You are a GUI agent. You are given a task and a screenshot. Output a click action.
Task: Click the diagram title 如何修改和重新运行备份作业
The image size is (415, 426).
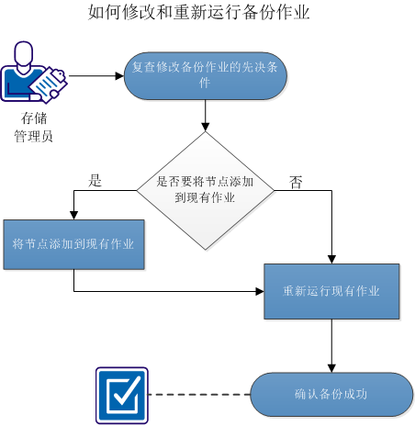click(198, 13)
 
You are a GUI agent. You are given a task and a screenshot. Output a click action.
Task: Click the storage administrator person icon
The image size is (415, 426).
click(33, 73)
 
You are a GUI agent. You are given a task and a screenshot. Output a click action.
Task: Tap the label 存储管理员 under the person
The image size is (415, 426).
click(38, 128)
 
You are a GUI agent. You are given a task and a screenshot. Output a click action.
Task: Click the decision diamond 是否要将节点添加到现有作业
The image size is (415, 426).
click(205, 190)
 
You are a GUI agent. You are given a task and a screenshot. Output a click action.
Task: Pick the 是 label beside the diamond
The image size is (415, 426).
click(95, 181)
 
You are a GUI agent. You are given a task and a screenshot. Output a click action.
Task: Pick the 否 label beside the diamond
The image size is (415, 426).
click(296, 182)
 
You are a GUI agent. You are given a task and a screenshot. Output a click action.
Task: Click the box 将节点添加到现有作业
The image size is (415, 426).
click(73, 244)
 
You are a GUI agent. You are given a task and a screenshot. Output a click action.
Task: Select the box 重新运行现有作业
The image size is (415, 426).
click(331, 291)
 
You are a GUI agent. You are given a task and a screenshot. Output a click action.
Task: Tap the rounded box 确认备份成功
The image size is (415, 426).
click(331, 395)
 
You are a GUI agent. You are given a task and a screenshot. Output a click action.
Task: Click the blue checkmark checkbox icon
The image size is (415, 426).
click(122, 395)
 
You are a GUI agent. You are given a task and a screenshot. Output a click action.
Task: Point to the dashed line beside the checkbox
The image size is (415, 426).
click(198, 395)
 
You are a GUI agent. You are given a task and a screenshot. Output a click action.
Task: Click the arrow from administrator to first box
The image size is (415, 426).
click(95, 76)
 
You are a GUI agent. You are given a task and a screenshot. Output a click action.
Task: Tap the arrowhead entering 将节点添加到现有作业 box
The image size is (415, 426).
click(73, 214)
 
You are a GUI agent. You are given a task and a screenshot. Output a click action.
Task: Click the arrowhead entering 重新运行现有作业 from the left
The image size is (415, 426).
click(259, 291)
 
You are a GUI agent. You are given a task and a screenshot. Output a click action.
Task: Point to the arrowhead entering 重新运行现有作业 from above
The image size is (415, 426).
click(331, 258)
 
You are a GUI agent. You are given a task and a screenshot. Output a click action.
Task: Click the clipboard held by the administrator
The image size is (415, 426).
click(48, 83)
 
